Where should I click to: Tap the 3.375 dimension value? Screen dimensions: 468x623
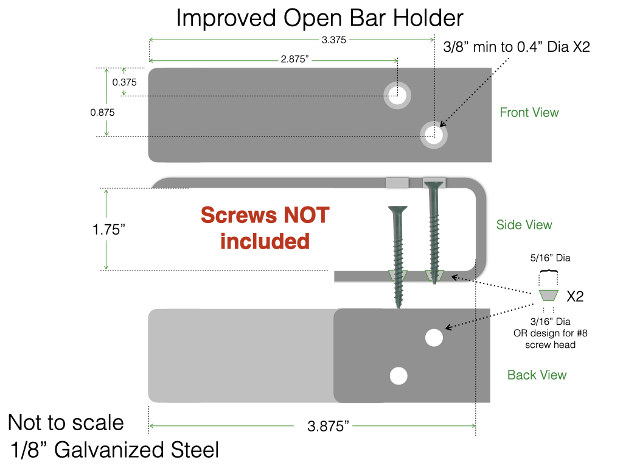pos(334,40)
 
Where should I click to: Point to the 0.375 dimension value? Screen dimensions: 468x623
pos(124,82)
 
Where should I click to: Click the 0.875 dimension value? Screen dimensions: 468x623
pos(102,112)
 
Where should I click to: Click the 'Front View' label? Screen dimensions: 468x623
pos(529,112)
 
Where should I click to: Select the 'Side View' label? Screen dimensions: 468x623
pos(524,224)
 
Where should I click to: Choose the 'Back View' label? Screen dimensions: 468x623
pos(537,375)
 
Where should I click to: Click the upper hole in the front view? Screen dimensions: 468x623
pos(397,95)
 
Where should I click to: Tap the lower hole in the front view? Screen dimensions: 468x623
pos(434,134)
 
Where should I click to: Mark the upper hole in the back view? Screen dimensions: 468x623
pos(434,338)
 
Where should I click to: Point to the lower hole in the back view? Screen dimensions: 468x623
pos(399,376)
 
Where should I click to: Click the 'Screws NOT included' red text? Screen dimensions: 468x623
pos(265,228)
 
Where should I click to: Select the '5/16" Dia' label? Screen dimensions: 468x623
pos(549,258)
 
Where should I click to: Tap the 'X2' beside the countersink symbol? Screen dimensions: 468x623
pos(575,297)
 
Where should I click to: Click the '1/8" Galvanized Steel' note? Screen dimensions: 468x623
pos(115,450)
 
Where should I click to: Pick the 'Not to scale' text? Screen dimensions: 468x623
pos(66,422)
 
